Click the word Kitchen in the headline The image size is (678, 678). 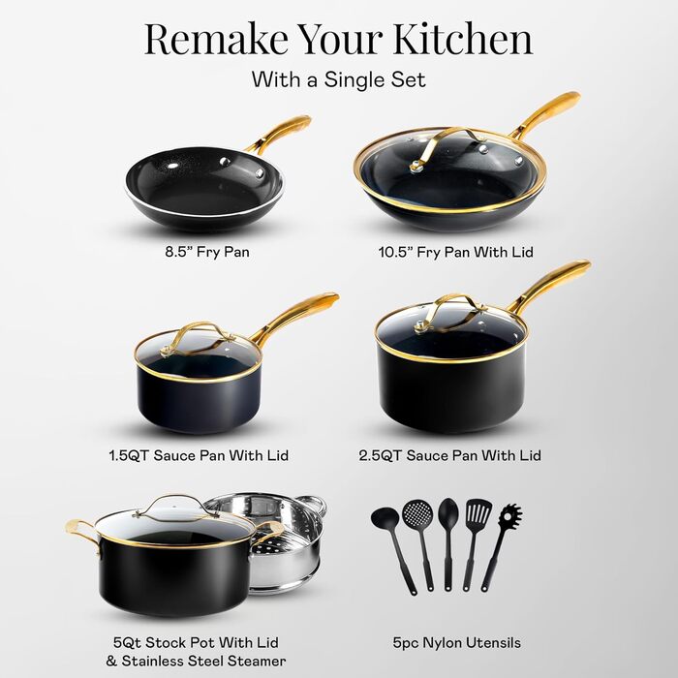pos(463,39)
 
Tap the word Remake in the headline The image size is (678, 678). pos(216,39)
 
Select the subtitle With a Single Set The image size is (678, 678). pos(339,79)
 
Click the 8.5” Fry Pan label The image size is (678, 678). pos(207,252)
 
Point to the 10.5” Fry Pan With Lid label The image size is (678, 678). pos(456,252)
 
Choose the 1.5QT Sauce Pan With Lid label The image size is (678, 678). pos(199,455)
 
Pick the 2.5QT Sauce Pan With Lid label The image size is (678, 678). pos(449,455)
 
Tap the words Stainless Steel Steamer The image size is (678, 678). pos(203,661)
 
